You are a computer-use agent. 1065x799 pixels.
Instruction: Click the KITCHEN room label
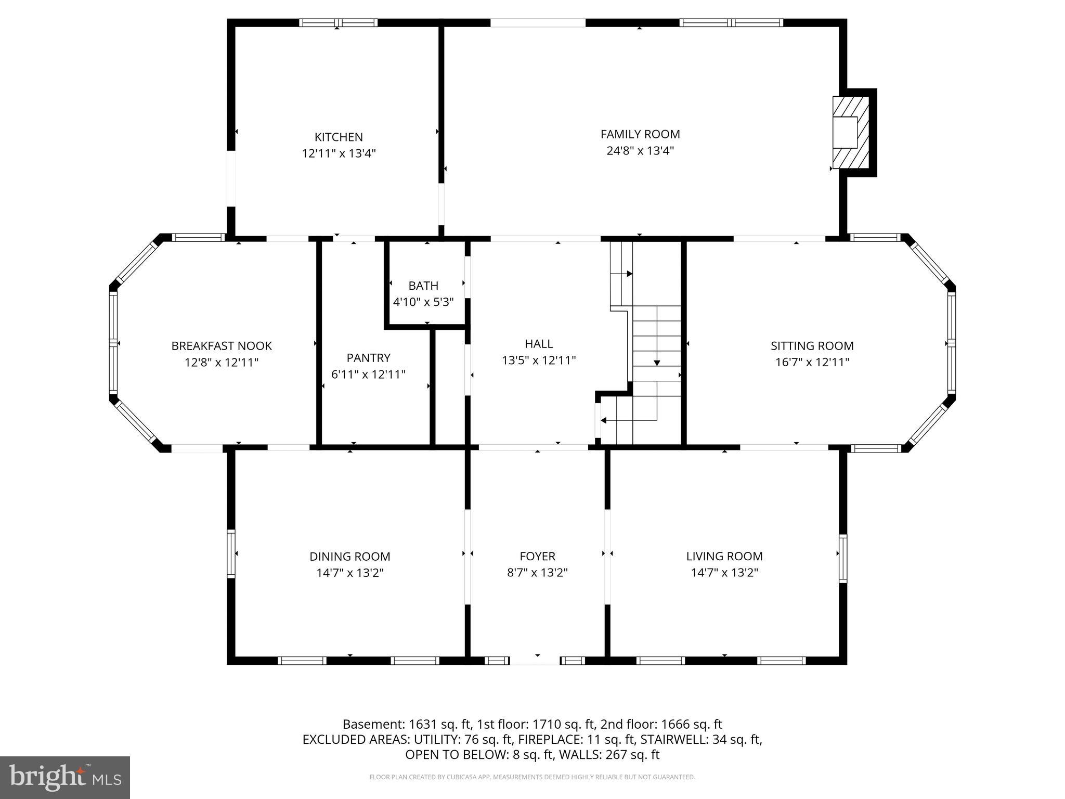pos(339,137)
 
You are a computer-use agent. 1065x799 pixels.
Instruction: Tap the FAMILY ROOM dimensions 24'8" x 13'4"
pos(640,151)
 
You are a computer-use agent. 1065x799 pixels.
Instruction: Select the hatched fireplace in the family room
pos(851,132)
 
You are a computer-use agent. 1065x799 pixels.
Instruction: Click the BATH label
pos(423,286)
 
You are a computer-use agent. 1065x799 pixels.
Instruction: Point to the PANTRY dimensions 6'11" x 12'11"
pos(368,374)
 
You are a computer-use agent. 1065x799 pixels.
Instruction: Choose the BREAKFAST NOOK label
pos(222,346)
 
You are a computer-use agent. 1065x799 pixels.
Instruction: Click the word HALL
pos(539,344)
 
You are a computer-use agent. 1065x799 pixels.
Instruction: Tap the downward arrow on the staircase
pos(657,362)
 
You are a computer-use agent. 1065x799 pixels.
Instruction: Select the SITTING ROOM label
pos(812,346)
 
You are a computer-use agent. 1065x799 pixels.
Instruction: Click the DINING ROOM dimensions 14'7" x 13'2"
pos(350,573)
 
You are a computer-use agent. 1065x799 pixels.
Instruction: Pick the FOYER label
pos(537,557)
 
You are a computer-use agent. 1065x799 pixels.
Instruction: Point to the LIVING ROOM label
pos(724,556)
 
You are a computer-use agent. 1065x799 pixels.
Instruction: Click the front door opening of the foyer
pos(535,661)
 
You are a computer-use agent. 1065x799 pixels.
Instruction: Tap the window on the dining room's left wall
pos(231,553)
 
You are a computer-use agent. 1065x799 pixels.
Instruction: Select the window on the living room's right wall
pos(842,558)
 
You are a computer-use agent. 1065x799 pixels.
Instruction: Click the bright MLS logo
pos(65,777)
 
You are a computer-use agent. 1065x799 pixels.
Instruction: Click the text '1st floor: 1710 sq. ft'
pos(536,724)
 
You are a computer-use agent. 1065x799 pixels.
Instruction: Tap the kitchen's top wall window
pos(338,23)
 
